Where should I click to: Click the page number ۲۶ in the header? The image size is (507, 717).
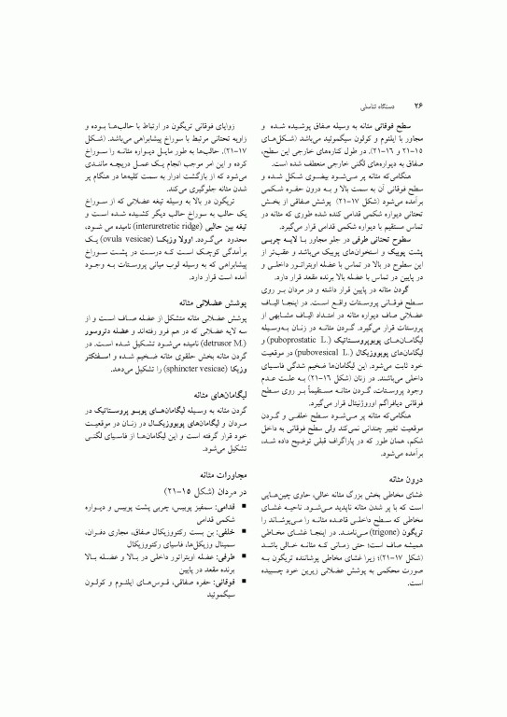tap(419, 105)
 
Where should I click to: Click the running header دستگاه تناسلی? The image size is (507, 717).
tap(379, 105)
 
